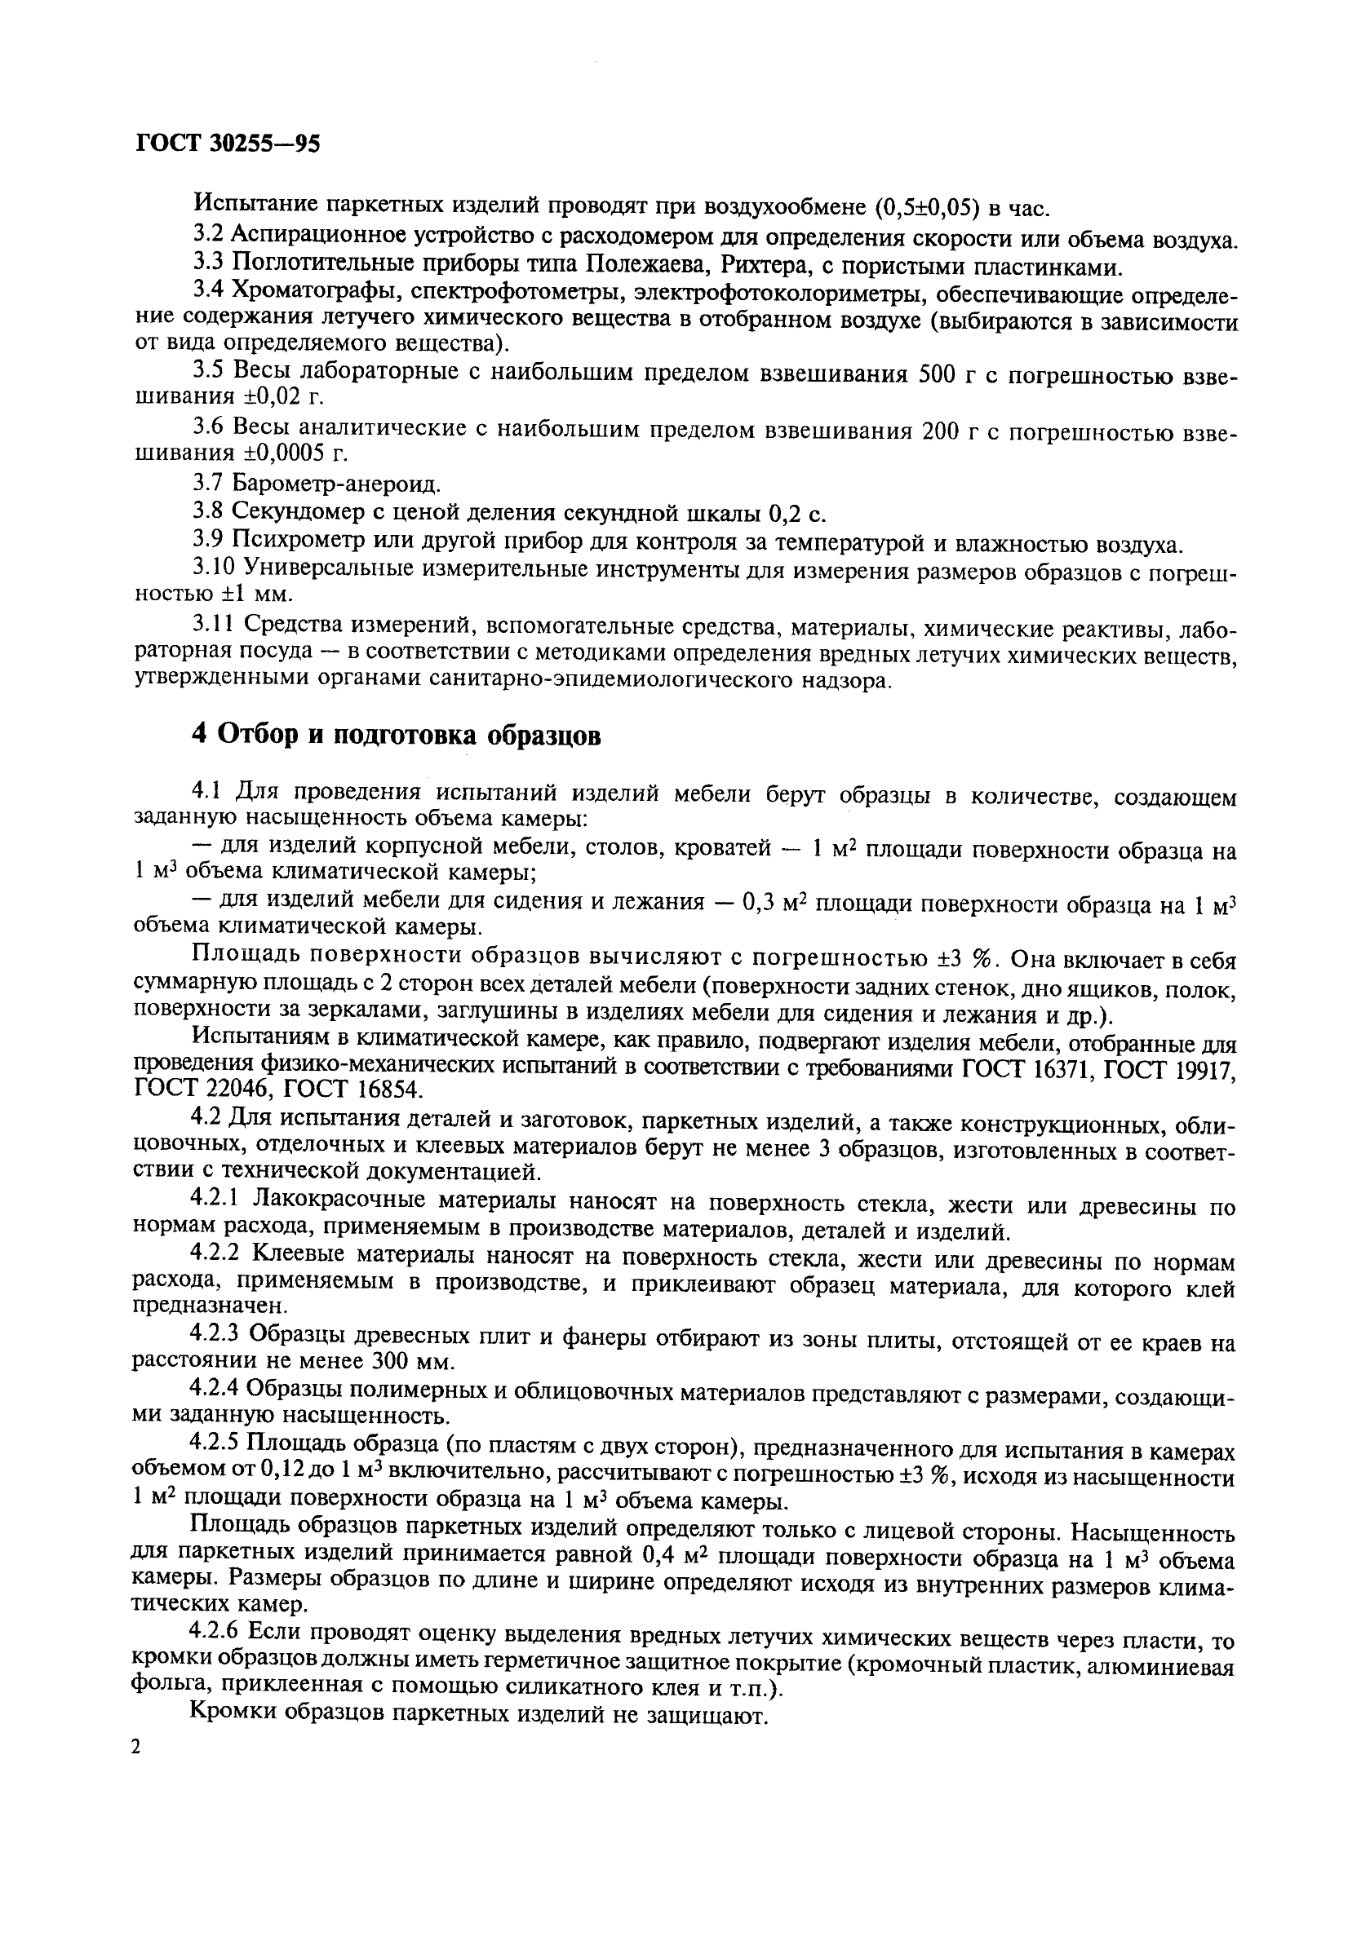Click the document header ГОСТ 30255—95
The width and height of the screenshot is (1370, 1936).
pyautogui.click(x=227, y=144)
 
